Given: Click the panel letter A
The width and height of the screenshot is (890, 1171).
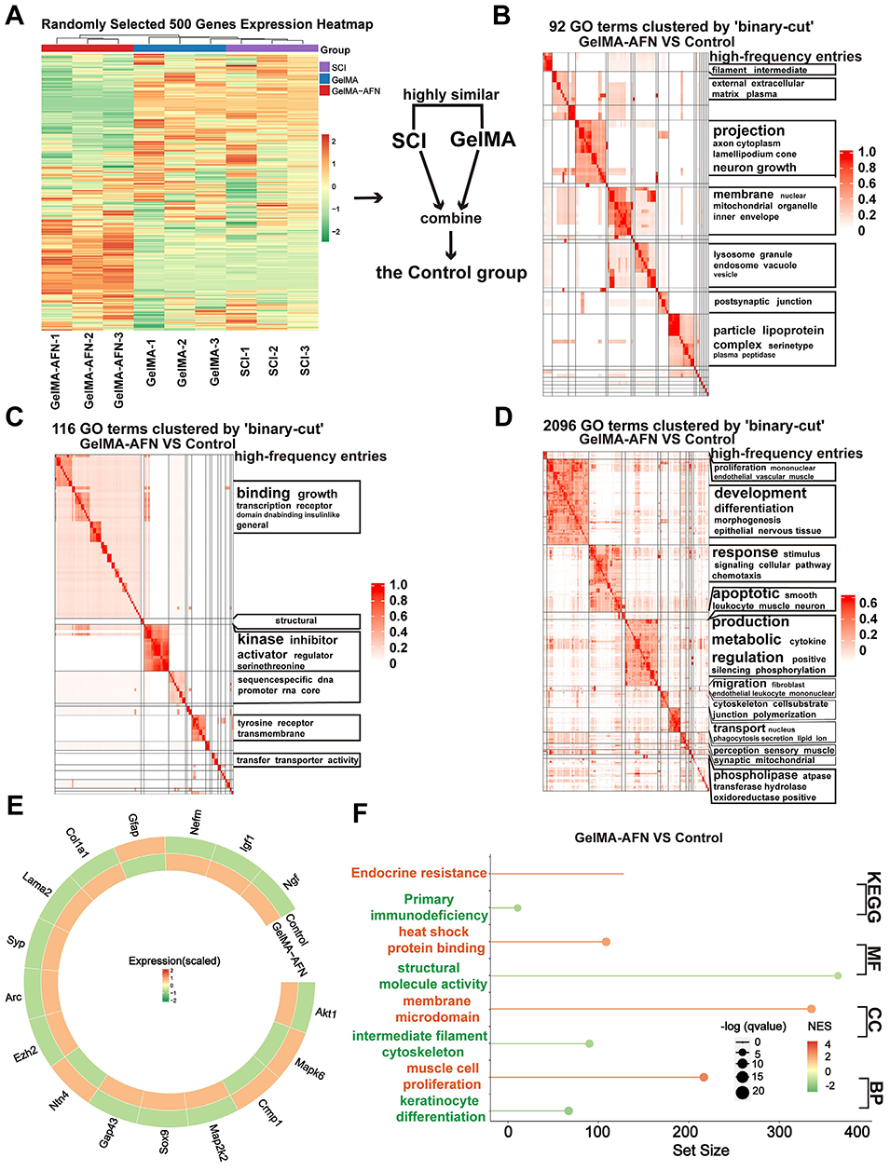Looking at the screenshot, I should [x=15, y=17].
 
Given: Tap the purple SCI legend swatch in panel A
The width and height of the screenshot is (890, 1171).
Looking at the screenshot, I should [x=324, y=68].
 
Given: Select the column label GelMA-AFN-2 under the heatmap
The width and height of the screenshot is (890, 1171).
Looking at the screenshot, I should [x=89, y=371].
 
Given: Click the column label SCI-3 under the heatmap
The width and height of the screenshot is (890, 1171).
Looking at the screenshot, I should [x=305, y=361].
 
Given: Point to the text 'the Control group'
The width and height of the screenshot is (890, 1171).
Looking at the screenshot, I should [x=451, y=273].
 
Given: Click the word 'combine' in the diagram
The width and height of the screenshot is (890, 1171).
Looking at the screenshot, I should [x=451, y=218].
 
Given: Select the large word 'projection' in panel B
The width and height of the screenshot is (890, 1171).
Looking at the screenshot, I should [x=748, y=131].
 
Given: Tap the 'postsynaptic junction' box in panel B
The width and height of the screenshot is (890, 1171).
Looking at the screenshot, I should [x=762, y=302].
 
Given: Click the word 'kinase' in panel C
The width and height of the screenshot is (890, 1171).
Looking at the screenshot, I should [x=260, y=640].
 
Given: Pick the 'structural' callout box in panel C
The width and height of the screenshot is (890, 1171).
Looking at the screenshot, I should [x=295, y=620].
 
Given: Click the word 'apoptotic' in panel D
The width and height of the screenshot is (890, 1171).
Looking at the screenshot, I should [x=746, y=593].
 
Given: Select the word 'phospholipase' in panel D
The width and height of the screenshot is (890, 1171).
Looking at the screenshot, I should [x=755, y=775].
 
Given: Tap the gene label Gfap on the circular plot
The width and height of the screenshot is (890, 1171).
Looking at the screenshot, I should [x=133, y=824].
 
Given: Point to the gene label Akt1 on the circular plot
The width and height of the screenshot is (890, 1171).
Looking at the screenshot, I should [x=325, y=1013].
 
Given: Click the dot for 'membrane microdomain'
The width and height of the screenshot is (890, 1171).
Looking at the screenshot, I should [x=811, y=1009].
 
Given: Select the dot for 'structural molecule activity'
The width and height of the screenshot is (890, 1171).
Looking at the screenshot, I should [x=838, y=975].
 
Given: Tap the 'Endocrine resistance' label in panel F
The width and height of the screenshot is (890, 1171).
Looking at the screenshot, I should [x=418, y=873].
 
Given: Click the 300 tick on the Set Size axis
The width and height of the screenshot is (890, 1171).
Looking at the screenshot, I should [x=779, y=1132].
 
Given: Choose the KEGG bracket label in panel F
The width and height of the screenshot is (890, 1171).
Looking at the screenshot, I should [x=873, y=897].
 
